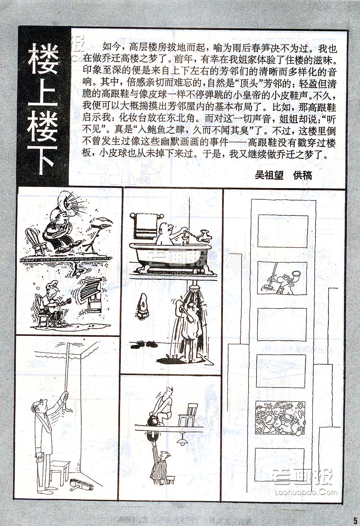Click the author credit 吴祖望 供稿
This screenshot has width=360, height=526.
click(x=284, y=175)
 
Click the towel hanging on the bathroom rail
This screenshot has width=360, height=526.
click(x=146, y=225)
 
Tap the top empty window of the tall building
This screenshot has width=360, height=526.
click(x=283, y=231)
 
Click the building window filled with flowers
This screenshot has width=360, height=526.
click(x=280, y=418)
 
